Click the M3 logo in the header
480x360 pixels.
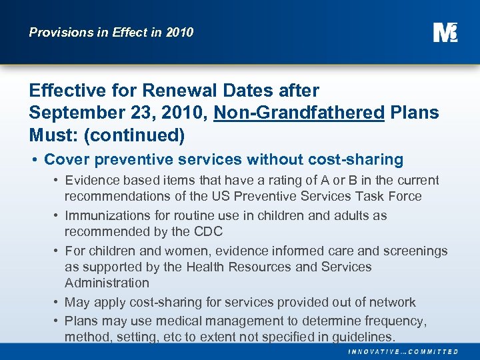click(445, 31)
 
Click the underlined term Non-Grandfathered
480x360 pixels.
click(299, 113)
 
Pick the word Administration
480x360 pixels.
click(107, 283)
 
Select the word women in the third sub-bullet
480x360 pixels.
click(179, 251)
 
